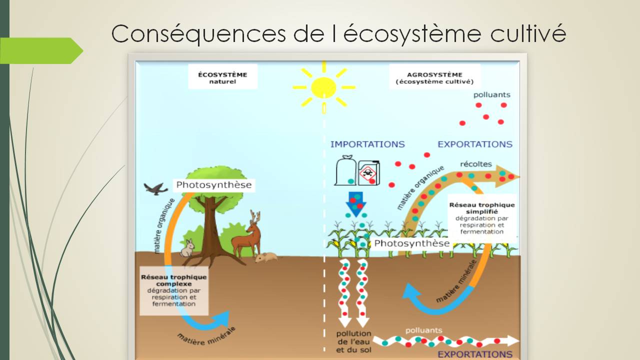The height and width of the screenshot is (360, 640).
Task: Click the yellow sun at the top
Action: [x=323, y=87]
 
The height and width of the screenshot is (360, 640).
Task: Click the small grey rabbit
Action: [x=187, y=248]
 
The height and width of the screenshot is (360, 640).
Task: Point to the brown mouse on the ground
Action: [x=266, y=257]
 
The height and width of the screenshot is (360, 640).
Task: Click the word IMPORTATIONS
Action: [x=367, y=144]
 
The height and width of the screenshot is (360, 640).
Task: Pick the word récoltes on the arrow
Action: [x=475, y=164]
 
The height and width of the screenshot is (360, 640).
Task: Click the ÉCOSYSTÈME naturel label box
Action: [x=222, y=77]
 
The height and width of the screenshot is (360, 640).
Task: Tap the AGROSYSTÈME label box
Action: [x=434, y=77]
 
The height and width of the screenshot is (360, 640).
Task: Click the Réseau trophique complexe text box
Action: [x=173, y=290]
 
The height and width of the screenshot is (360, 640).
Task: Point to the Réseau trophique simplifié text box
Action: [x=482, y=218]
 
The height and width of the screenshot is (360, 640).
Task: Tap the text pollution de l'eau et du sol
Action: [x=353, y=341]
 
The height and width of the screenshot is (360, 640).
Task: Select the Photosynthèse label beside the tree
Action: [x=213, y=185]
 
